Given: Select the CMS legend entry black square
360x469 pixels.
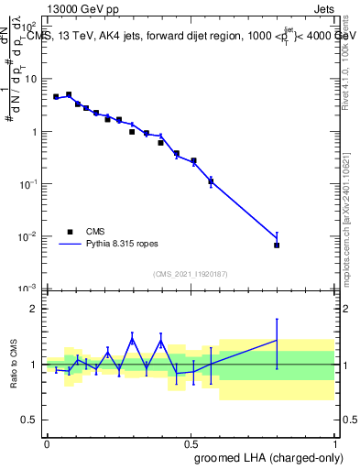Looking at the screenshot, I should pyautogui.click(x=69, y=233).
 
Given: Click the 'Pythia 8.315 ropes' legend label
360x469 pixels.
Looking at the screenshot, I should pyautogui.click(x=122, y=245).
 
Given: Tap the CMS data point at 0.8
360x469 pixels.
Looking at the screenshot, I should pyautogui.click(x=277, y=245).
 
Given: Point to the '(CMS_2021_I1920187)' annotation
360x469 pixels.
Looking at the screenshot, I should pyautogui.click(x=190, y=274).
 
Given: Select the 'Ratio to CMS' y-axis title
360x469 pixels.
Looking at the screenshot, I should pyautogui.click(x=13, y=365).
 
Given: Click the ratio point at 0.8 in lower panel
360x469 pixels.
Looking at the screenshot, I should pyautogui.click(x=277, y=341).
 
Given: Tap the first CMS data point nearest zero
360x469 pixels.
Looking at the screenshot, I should pyautogui.click(x=56, y=96).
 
